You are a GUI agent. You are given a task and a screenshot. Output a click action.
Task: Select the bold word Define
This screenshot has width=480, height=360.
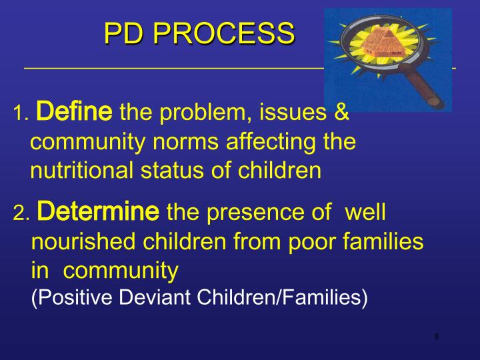[x=73, y=111]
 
